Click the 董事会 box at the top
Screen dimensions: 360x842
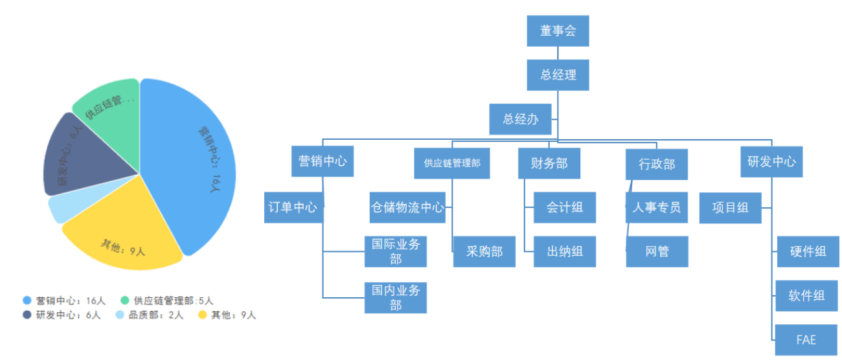tap(558, 30)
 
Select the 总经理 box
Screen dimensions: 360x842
tap(558, 74)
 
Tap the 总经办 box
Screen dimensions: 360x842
tap(521, 119)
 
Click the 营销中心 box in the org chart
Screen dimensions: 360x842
tap(322, 161)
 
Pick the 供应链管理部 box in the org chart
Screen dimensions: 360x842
tap(452, 163)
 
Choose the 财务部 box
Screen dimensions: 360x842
tap(549, 163)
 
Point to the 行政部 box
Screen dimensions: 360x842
tap(657, 164)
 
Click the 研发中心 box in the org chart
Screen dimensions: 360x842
tap(771, 161)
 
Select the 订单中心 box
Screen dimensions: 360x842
tap(293, 207)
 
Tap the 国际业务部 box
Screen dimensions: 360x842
tap(396, 251)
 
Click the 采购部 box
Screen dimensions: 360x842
tap(484, 251)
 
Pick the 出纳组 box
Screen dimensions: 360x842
tap(564, 251)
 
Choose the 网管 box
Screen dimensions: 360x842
tap(657, 251)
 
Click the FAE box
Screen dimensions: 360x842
tap(806, 339)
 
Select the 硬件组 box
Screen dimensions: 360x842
tap(808, 251)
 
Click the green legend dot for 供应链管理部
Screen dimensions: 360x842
tap(125, 300)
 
